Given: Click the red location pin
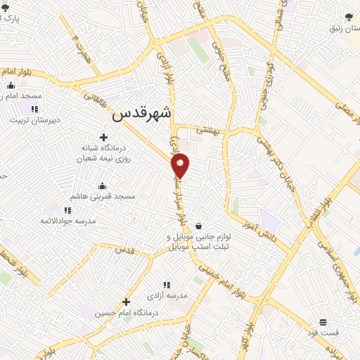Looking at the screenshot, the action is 181,165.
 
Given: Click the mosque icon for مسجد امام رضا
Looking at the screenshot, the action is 10,86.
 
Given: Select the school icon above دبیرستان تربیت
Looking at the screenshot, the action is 33,109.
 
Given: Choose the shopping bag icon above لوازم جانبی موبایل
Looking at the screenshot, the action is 200,226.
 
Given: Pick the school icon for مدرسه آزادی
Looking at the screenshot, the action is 167,285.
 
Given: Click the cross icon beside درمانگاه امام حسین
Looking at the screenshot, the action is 126,302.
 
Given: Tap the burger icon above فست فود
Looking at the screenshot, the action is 322,321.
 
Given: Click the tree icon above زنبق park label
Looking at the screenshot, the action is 349,17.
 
